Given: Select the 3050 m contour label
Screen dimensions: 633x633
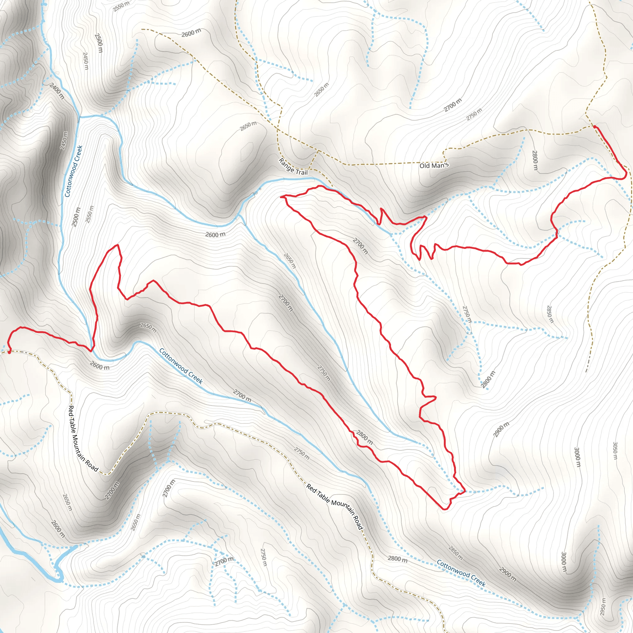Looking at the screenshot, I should click(x=615, y=451).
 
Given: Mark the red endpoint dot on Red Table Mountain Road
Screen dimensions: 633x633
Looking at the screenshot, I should click(x=9, y=352).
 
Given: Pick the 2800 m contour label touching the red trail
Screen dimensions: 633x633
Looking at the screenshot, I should click(x=364, y=437).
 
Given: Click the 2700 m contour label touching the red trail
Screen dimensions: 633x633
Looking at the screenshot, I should click(x=360, y=246).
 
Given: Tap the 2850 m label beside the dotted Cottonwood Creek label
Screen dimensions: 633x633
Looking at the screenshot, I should click(x=455, y=553).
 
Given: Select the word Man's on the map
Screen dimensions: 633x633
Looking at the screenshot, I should click(x=441, y=165).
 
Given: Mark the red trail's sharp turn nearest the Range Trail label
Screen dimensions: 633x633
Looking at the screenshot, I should click(x=282, y=197).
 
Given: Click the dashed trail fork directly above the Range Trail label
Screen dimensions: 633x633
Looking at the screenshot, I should click(x=318, y=151).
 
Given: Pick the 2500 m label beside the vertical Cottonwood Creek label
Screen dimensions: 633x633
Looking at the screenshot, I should click(x=76, y=217).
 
